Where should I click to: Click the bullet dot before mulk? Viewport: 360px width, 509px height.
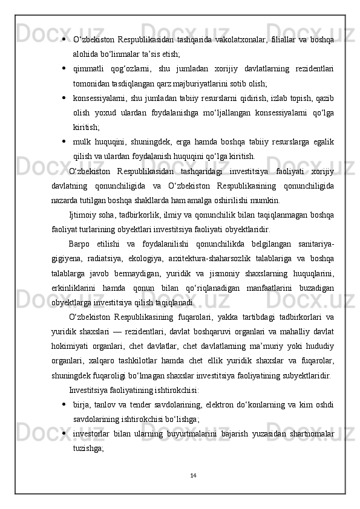(64, 141)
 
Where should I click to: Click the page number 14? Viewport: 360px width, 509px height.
(192, 475)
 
